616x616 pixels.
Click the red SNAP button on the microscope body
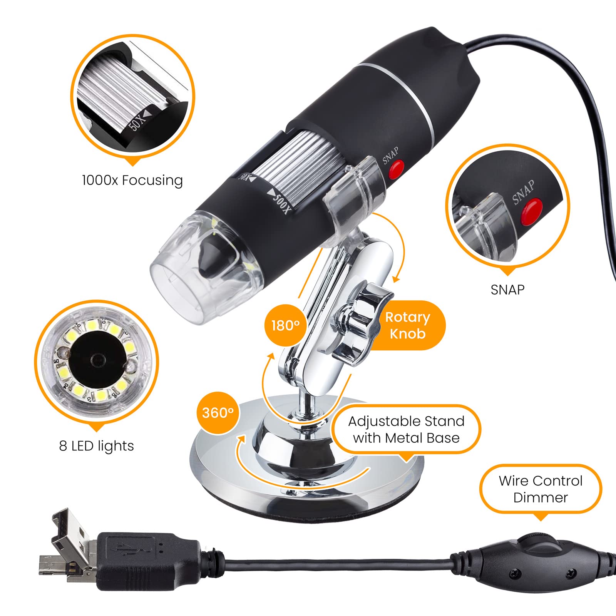(x=396, y=169)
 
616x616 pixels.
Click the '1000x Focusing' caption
(x=132, y=180)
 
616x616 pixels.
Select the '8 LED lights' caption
(x=97, y=445)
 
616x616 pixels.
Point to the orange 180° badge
(x=285, y=325)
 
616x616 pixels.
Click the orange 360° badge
(x=218, y=413)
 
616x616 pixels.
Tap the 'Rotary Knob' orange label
(x=407, y=325)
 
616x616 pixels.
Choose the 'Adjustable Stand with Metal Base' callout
(x=406, y=429)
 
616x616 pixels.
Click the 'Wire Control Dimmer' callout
(x=541, y=489)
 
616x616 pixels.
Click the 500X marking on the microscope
(x=280, y=200)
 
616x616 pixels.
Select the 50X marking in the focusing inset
(x=137, y=119)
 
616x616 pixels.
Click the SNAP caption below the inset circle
(x=507, y=290)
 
